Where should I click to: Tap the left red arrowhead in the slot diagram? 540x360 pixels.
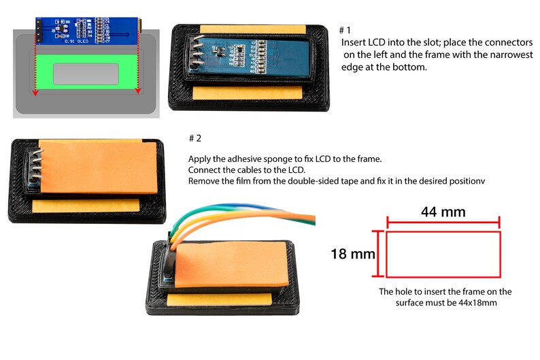pos(32,90)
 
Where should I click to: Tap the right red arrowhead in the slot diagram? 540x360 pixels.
pos(138,90)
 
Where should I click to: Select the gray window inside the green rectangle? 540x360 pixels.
pos(86,74)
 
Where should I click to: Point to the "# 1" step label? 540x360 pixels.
pos(345,30)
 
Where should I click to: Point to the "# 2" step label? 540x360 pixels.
pos(195,138)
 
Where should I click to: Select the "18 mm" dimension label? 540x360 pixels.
pos(353,255)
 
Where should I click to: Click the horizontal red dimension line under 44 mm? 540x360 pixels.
pos(443,221)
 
